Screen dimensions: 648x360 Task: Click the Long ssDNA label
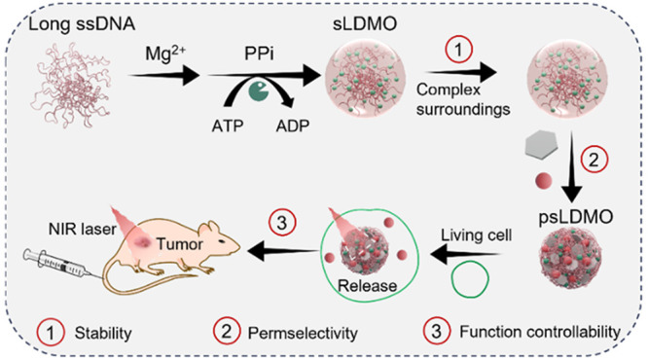click(82, 24)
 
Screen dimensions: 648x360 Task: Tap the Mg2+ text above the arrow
click(164, 54)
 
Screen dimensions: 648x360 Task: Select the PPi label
click(259, 54)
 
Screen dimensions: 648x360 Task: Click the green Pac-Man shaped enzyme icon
click(259, 90)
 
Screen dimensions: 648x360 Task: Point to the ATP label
click(228, 126)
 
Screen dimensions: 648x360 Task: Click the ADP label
click(293, 126)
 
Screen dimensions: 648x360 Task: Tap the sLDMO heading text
click(365, 24)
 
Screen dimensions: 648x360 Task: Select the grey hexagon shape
click(541, 146)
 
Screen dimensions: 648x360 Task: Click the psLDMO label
click(576, 217)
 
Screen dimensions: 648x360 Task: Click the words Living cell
click(476, 235)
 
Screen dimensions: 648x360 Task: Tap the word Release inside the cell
click(368, 286)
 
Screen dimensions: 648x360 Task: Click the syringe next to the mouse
click(62, 265)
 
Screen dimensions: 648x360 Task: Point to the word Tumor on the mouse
click(180, 244)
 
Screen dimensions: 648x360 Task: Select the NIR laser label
click(83, 229)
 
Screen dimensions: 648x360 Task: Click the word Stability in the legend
click(103, 333)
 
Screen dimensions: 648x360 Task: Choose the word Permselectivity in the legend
click(303, 333)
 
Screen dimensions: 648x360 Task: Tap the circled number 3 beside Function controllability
click(437, 331)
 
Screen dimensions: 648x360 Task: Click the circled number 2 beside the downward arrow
click(594, 160)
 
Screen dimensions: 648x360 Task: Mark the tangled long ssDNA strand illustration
click(71, 86)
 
